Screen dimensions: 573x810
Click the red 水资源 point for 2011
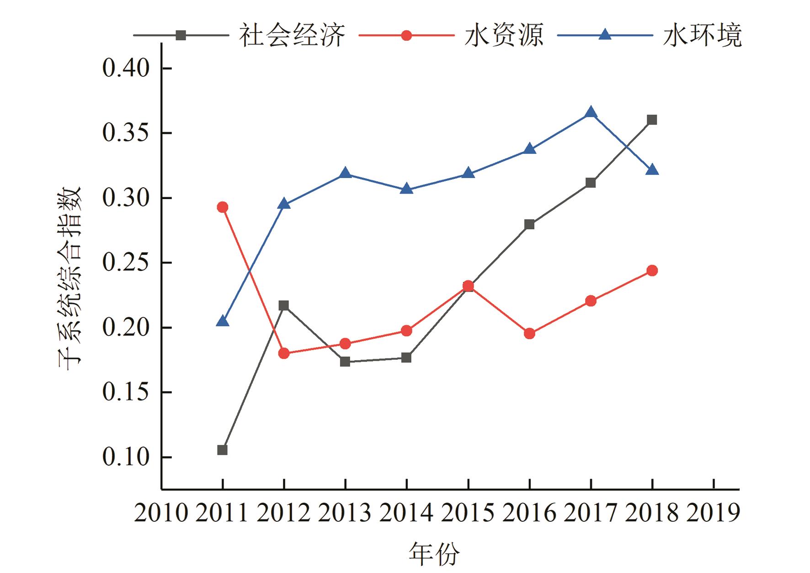coord(223,207)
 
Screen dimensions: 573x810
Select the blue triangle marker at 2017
coord(591,113)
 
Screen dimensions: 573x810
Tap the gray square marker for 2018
coord(652,120)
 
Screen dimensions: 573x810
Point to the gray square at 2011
coord(223,450)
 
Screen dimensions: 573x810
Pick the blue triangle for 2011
coord(223,322)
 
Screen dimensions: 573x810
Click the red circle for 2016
coord(529,334)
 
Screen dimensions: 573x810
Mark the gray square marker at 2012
coord(284,305)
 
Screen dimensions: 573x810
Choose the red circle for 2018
coord(652,270)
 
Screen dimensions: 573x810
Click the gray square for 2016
coord(529,224)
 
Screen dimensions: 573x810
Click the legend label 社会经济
coord(292,35)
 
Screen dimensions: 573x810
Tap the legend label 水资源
coord(504,35)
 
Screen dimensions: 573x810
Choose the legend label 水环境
coord(702,35)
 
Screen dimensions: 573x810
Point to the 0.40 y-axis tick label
coord(126,69)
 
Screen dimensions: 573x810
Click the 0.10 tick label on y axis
coord(126,457)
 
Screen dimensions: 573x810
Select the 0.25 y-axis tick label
coord(126,263)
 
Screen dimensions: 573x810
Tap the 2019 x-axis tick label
coord(713,513)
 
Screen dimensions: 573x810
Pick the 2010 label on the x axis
coord(161,513)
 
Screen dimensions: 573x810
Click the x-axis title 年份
coord(434,554)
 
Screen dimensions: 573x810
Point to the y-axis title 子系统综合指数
coord(69,278)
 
